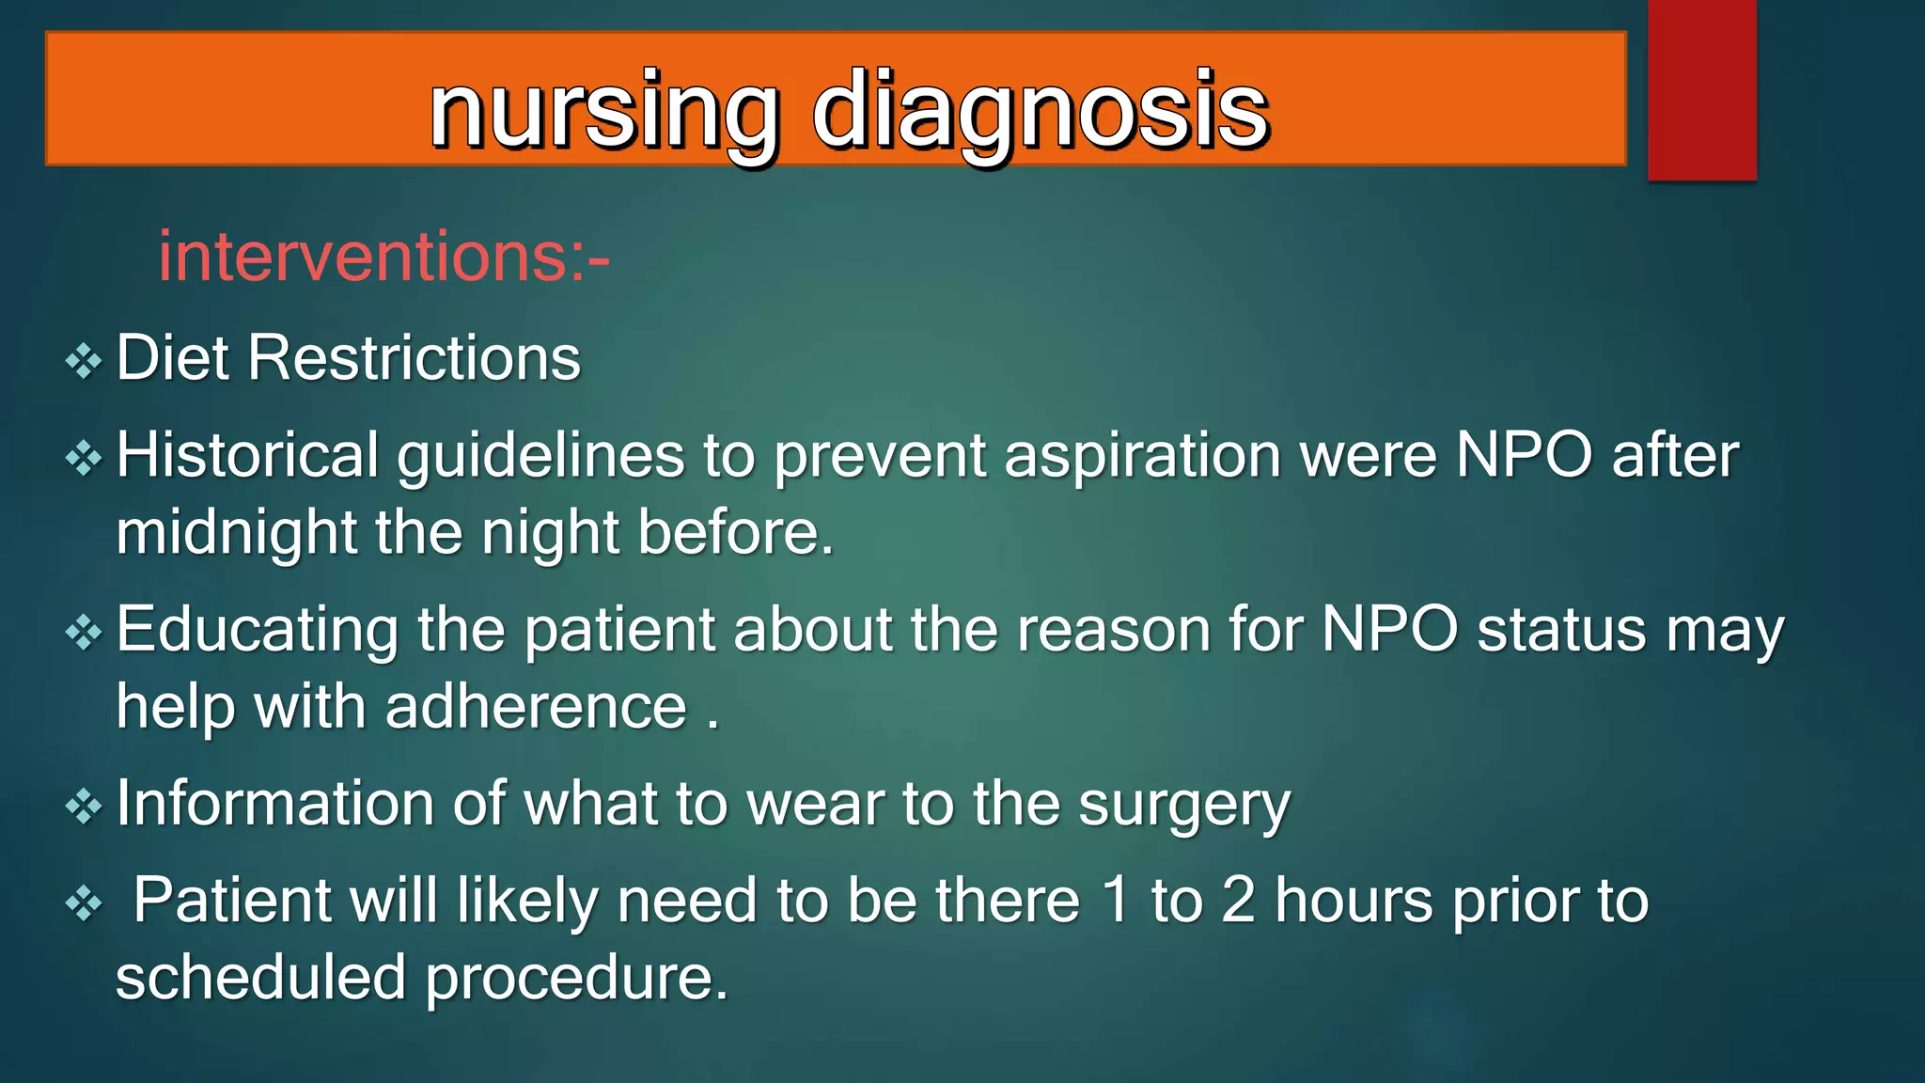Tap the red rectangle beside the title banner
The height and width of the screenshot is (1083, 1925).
point(1701,89)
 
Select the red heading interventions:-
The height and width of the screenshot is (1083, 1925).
point(383,257)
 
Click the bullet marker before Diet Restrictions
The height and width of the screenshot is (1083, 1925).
point(84,361)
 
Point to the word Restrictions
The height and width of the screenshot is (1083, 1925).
point(414,358)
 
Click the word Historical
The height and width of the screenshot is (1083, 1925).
point(246,456)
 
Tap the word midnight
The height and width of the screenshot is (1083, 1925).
point(236,533)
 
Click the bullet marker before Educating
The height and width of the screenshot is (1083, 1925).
point(84,632)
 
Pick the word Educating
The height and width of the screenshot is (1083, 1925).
point(257,630)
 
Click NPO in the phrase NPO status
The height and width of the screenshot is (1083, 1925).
point(1389,629)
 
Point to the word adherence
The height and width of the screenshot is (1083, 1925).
point(536,707)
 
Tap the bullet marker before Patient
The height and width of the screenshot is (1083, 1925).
point(84,904)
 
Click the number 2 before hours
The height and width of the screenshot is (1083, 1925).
point(1238,901)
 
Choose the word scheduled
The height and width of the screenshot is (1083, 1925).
point(260,978)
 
